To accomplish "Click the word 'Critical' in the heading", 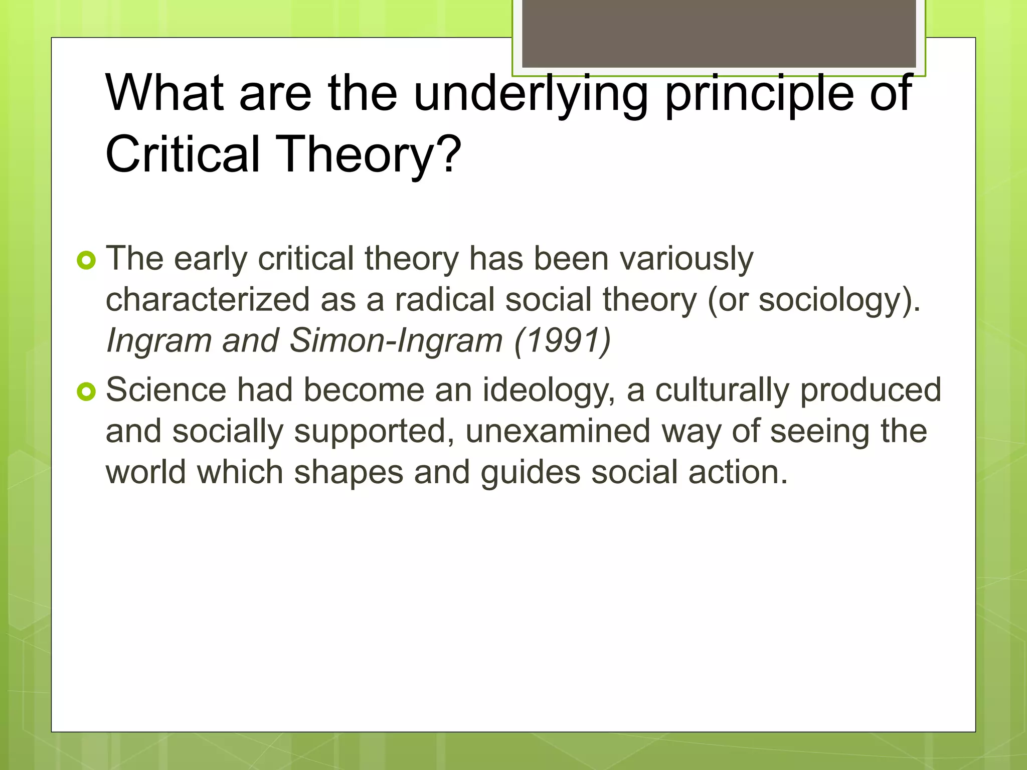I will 183,154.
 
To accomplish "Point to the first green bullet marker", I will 86,261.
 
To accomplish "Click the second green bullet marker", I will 86,392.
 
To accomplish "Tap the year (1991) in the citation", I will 562,341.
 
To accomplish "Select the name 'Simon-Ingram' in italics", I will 396,341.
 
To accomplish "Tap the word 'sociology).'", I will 839,300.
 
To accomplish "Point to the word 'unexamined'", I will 558,432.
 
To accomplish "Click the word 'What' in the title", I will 164,93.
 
